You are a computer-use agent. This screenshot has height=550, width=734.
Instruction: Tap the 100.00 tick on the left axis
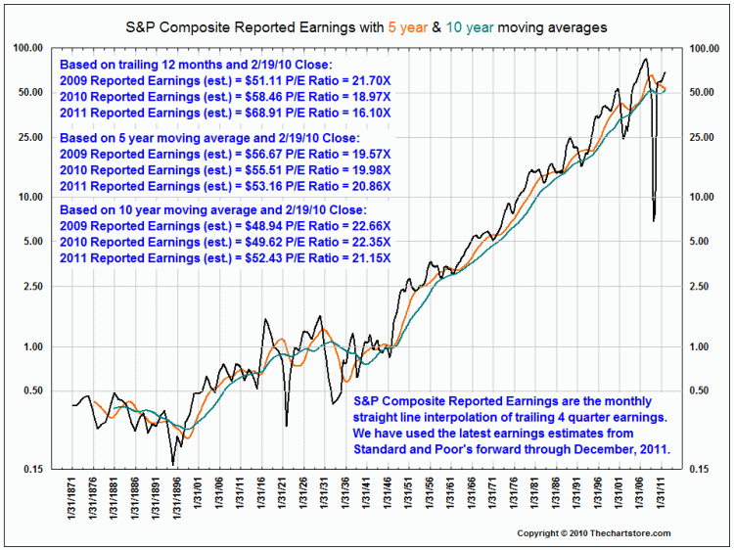point(28,48)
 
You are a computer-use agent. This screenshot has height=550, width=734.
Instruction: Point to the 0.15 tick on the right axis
point(704,469)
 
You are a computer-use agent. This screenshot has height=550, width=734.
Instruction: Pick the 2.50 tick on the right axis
point(704,287)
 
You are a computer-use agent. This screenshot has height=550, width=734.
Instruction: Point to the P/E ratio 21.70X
point(367,78)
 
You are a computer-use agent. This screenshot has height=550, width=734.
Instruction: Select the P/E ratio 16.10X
point(367,113)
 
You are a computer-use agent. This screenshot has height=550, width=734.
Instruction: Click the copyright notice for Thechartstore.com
point(593,532)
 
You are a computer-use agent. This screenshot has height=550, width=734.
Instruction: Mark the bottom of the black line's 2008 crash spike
point(654,220)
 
